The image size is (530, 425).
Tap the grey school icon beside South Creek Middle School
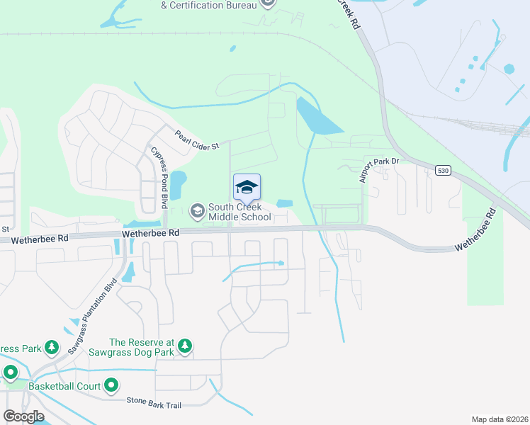pyautogui.click(x=196, y=210)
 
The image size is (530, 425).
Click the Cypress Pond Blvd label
pyautogui.click(x=159, y=176)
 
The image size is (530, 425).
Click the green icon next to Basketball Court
pyautogui.click(x=111, y=386)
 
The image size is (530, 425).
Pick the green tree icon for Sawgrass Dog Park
pyautogui.click(x=185, y=346)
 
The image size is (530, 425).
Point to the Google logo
pyautogui.click(x=23, y=416)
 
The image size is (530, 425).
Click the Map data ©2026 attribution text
pyautogui.click(x=499, y=419)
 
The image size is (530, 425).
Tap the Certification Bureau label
pyautogui.click(x=207, y=4)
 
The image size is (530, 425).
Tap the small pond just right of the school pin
pyautogui.click(x=284, y=203)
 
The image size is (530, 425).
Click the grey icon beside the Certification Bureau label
pyautogui.click(x=268, y=4)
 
